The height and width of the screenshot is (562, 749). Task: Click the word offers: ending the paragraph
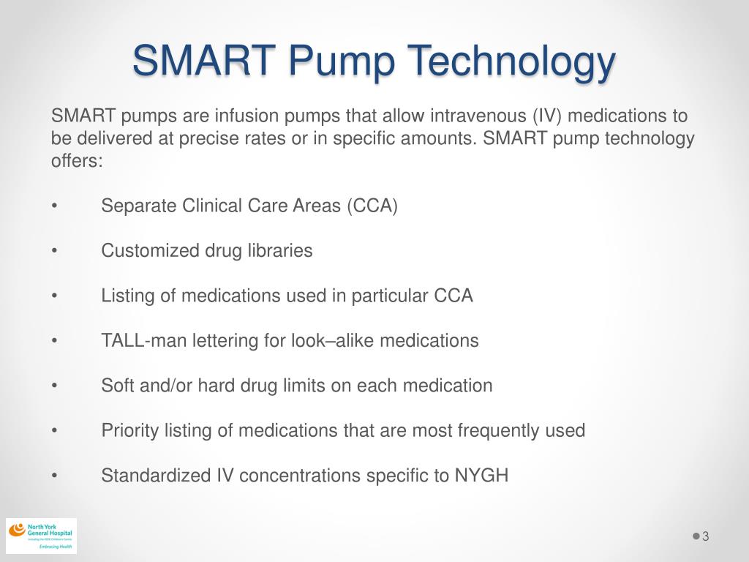(78, 161)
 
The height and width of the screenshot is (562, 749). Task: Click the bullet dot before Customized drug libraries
(55, 251)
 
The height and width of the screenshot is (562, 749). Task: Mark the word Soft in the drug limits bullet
(116, 386)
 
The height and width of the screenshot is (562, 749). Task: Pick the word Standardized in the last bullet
(156, 476)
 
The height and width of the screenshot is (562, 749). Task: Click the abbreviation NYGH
(481, 476)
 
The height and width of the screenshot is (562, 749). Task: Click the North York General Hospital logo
(41, 536)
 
